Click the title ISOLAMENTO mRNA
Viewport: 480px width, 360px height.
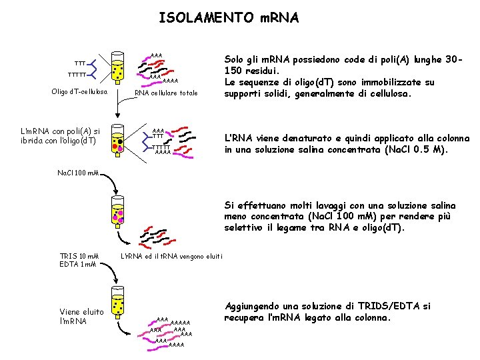point(229,18)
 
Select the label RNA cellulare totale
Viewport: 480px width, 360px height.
point(167,93)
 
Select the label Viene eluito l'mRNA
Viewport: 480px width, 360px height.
point(81,316)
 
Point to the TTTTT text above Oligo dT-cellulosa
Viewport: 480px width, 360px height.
point(79,75)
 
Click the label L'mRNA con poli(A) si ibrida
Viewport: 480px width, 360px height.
point(61,135)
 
